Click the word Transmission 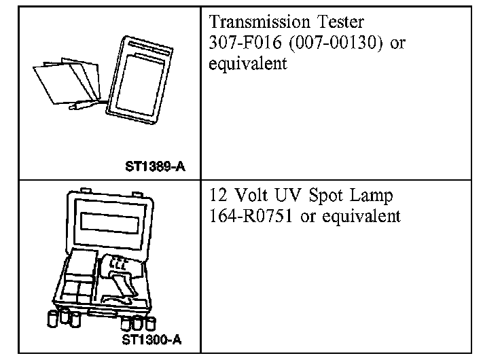coord(260,22)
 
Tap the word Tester coord(340,22)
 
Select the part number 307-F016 coord(245,42)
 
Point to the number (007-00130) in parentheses coord(336,43)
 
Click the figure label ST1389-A coord(156,166)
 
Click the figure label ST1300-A coord(151,340)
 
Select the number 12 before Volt coord(218,195)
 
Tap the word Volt coord(251,195)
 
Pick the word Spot coord(325,196)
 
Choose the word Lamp coord(371,196)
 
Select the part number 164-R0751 coord(251,216)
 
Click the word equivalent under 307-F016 coord(248,63)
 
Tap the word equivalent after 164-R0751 coord(361,217)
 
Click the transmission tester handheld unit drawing coord(140,79)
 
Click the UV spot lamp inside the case coord(121,274)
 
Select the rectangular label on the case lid coord(110,223)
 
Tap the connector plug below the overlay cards coord(84,105)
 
